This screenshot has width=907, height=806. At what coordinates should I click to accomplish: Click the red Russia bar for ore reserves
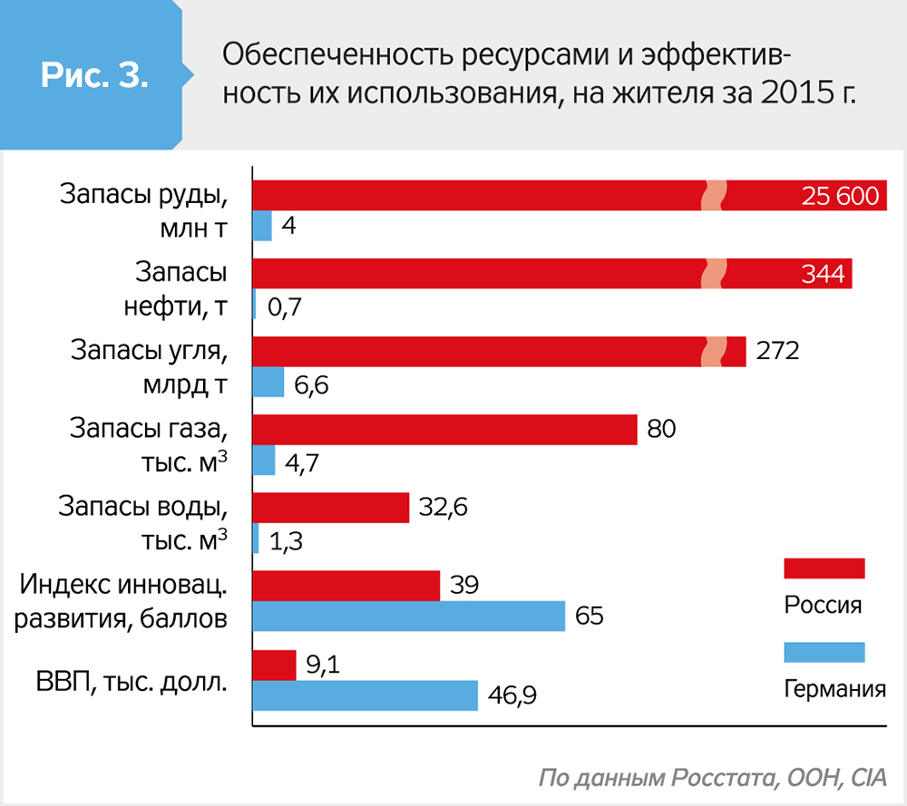tap(472, 196)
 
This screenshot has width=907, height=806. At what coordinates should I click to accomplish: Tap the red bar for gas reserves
tap(444, 430)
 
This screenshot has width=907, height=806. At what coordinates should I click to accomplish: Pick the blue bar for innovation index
tap(408, 617)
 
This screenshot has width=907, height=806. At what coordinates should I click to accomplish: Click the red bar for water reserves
tap(330, 508)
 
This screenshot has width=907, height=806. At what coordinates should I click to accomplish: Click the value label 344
tap(823, 274)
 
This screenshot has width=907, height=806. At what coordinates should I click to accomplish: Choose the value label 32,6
tap(444, 508)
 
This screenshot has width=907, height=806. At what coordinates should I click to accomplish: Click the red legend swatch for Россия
tap(824, 568)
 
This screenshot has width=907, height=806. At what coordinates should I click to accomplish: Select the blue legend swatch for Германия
tap(824, 652)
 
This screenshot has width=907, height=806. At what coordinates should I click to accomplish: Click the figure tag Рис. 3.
tap(93, 76)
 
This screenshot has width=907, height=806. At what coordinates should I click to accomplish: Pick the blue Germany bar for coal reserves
tap(268, 384)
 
